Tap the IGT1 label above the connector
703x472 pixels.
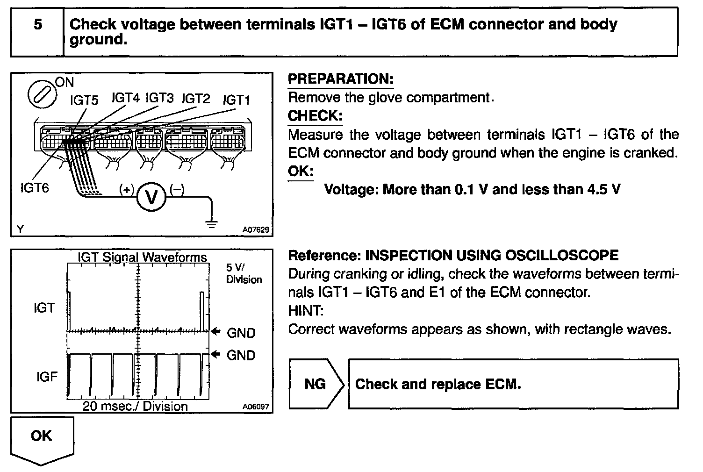[237, 100]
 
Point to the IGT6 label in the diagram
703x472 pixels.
[35, 188]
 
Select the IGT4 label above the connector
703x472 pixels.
[125, 98]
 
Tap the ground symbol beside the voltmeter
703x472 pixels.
[212, 224]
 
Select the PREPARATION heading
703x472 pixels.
[341, 79]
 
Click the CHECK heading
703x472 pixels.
[315, 115]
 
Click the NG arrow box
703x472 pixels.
[316, 384]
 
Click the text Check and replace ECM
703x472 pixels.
[438, 384]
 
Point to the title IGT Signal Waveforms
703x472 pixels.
[142, 257]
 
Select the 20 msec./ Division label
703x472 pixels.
[135, 406]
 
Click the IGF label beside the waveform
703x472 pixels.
[47, 377]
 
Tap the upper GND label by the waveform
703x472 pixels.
[241, 333]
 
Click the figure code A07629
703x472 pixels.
[256, 230]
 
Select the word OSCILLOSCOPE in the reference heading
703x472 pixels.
[561, 255]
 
